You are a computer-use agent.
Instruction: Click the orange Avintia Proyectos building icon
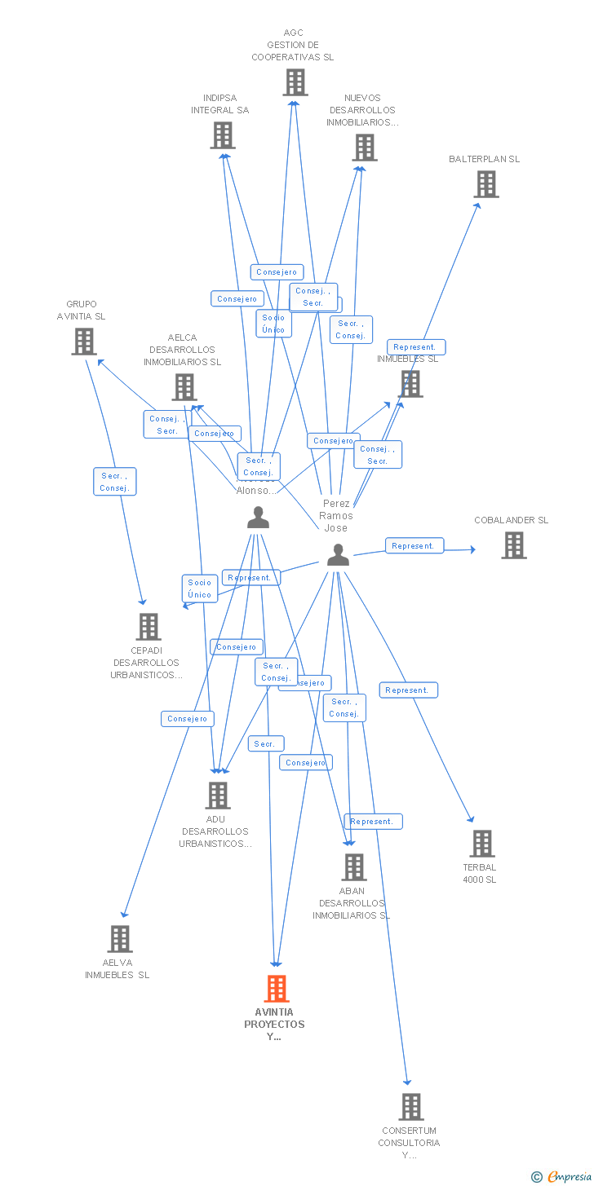pyautogui.click(x=277, y=988)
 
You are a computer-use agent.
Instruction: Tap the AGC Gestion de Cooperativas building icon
pyautogui.click(x=295, y=82)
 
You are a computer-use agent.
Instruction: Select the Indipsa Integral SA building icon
pyautogui.click(x=222, y=135)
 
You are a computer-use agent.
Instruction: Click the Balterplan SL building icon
pyautogui.click(x=486, y=184)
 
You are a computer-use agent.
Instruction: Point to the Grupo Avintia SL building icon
pyautogui.click(x=83, y=342)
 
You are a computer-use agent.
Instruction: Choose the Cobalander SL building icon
pyautogui.click(x=513, y=545)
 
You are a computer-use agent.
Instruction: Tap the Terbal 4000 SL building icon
pyautogui.click(x=482, y=844)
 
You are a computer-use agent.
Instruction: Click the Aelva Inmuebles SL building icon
pyautogui.click(x=119, y=939)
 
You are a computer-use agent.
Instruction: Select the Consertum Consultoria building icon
pyautogui.click(x=410, y=1107)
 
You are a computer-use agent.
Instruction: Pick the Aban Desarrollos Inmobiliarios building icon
pyautogui.click(x=353, y=867)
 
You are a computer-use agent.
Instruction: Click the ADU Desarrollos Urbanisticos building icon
pyautogui.click(x=217, y=795)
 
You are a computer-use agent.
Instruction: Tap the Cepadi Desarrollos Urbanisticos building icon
pyautogui.click(x=148, y=627)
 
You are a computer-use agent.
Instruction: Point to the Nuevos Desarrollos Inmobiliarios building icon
pyautogui.click(x=364, y=148)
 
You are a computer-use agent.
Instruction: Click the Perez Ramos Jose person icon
pyautogui.click(x=338, y=556)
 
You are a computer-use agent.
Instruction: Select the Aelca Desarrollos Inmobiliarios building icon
pyautogui.click(x=184, y=387)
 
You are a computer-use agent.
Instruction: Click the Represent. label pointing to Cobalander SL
pyautogui.click(x=414, y=546)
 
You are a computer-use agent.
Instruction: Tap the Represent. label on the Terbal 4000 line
pyautogui.click(x=408, y=690)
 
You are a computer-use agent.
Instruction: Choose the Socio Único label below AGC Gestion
pyautogui.click(x=273, y=324)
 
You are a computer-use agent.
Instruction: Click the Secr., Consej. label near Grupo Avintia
pyautogui.click(x=114, y=482)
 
